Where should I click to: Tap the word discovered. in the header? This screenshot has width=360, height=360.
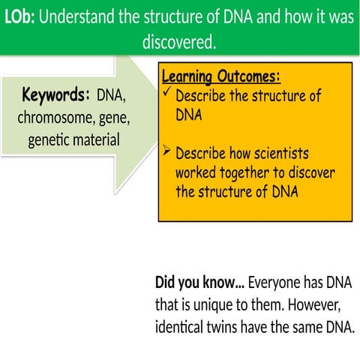(179, 43)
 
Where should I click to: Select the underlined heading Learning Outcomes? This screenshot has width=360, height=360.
(220, 77)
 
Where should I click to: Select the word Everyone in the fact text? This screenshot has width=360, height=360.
(275, 283)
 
